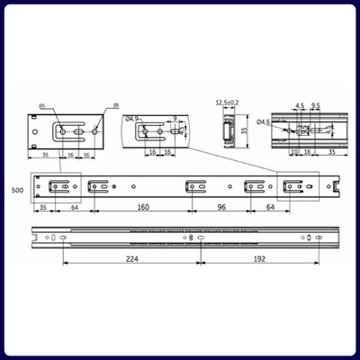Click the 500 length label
pos(16,191)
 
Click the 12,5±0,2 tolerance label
pos(226,103)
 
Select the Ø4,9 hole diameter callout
pos(131,118)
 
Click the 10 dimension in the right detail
pos(295,152)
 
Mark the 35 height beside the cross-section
pos(244,130)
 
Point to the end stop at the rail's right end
pos(338,186)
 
